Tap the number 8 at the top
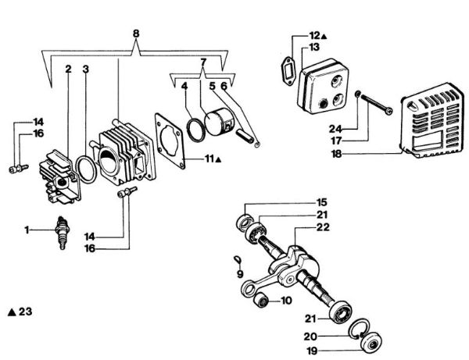137,34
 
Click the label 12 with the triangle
315,35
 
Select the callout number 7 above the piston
203,62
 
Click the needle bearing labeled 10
264,301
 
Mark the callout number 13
314,48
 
